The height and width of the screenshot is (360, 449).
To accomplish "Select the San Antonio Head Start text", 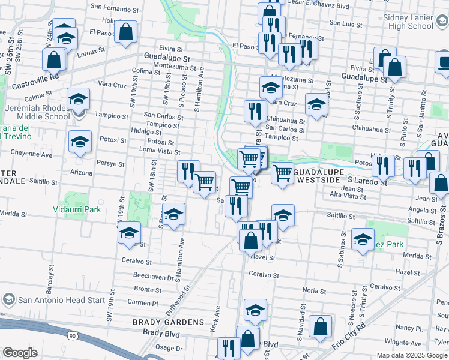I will click(53, 300).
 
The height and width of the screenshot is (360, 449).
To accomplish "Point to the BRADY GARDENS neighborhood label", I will click(160, 322).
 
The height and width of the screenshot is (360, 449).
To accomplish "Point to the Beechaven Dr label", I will click(153, 277).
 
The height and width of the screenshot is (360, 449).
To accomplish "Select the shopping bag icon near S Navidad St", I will click(322, 327).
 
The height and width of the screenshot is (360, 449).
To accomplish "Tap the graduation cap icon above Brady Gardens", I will click(255, 311).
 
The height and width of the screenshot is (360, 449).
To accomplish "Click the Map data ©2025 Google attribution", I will click(411, 355).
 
